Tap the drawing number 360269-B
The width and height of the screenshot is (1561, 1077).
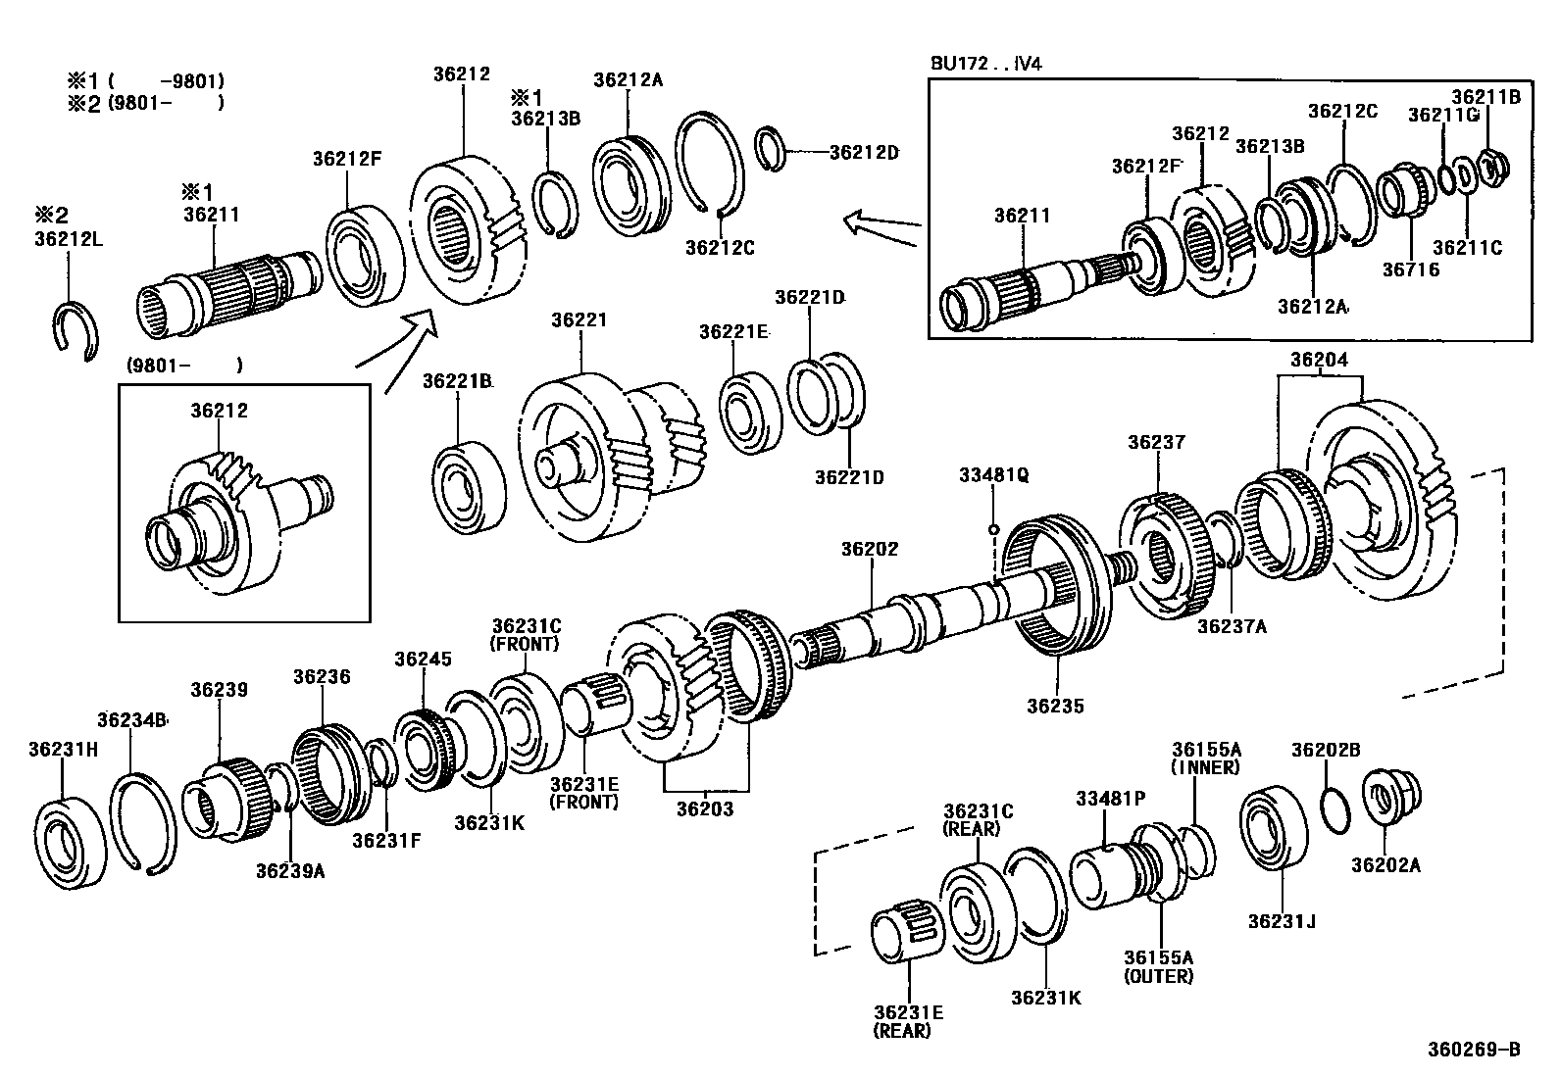coord(1473,1050)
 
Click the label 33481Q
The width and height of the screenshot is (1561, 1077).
coord(993,475)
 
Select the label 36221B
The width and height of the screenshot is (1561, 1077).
coord(457,380)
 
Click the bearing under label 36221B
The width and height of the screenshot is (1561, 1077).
coord(469,489)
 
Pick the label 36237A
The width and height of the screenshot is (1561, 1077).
coord(1232,625)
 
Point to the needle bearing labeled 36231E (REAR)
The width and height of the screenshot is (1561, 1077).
coord(908,931)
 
